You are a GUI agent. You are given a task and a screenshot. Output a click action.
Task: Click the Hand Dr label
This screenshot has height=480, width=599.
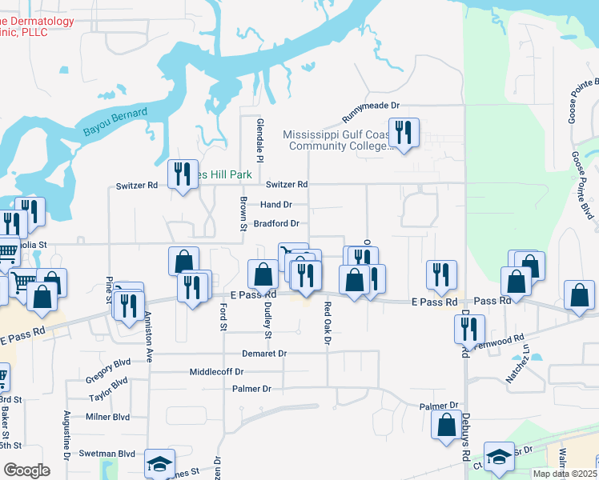click(x=276, y=205)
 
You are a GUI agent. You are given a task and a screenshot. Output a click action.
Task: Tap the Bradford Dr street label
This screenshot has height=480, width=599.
click(x=276, y=224)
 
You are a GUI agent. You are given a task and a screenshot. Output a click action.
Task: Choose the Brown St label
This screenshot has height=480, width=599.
click(x=242, y=214)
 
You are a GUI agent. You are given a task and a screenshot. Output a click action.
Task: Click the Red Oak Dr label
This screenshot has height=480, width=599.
click(x=328, y=323)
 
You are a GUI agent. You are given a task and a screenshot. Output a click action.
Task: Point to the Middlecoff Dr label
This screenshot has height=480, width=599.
click(x=216, y=372)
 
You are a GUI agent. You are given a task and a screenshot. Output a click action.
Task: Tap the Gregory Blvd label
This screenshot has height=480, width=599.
click(x=107, y=374)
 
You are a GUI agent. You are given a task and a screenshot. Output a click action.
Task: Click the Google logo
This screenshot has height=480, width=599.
click(x=26, y=470)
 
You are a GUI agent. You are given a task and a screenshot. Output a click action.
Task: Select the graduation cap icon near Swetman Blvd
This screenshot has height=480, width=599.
click(x=159, y=463)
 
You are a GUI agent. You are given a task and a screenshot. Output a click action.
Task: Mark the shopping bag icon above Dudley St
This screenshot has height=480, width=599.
click(x=263, y=274)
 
